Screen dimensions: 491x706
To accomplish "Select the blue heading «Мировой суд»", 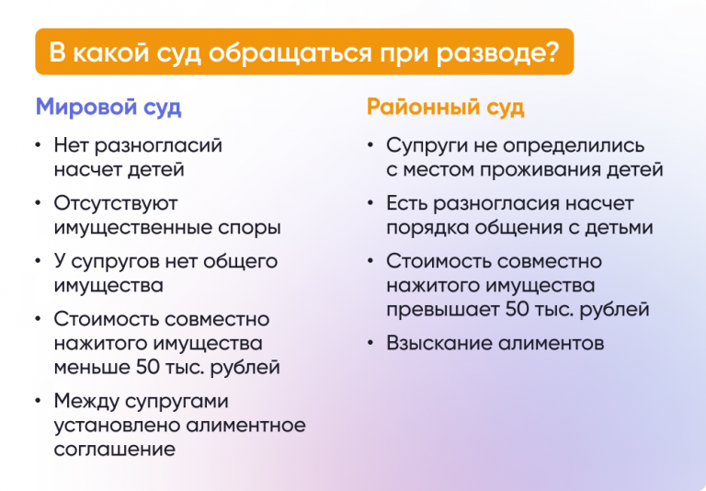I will pos(108,107).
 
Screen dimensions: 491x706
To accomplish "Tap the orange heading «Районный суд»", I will pos(445,107).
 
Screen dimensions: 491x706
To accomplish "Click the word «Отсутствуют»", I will pos(116,203).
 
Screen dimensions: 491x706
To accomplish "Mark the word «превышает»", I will pos(442,310).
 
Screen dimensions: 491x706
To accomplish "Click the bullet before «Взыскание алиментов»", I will pos(370,345).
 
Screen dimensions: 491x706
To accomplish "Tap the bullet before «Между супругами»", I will pos(38,403).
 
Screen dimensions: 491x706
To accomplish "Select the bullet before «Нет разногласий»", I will pos(38,146).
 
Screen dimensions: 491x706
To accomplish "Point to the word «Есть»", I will pos(406,203).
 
